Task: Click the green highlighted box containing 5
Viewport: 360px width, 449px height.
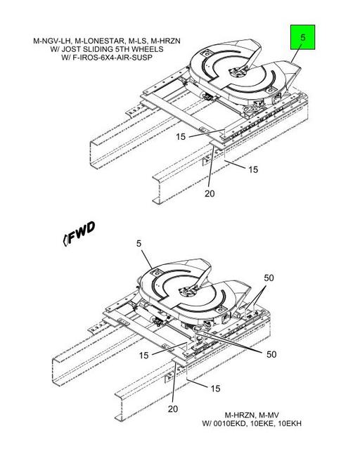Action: click(302, 37)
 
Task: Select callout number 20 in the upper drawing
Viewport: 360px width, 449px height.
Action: click(210, 193)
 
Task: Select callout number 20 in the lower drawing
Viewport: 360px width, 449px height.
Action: click(173, 409)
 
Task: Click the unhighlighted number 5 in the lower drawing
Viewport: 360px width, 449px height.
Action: click(139, 243)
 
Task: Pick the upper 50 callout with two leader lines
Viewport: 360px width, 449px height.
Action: click(269, 278)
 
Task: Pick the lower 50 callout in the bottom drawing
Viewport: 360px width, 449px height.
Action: click(271, 354)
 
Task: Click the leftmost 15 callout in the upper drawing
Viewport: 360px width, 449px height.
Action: click(181, 136)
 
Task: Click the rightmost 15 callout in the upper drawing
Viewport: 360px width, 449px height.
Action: click(253, 169)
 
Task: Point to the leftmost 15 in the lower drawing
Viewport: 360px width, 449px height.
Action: click(144, 356)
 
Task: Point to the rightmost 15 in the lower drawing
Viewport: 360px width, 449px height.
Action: click(216, 389)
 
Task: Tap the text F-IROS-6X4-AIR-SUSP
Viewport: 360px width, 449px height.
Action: click(112, 58)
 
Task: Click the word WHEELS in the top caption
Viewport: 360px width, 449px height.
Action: click(148, 49)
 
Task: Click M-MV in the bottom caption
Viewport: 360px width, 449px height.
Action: click(269, 415)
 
